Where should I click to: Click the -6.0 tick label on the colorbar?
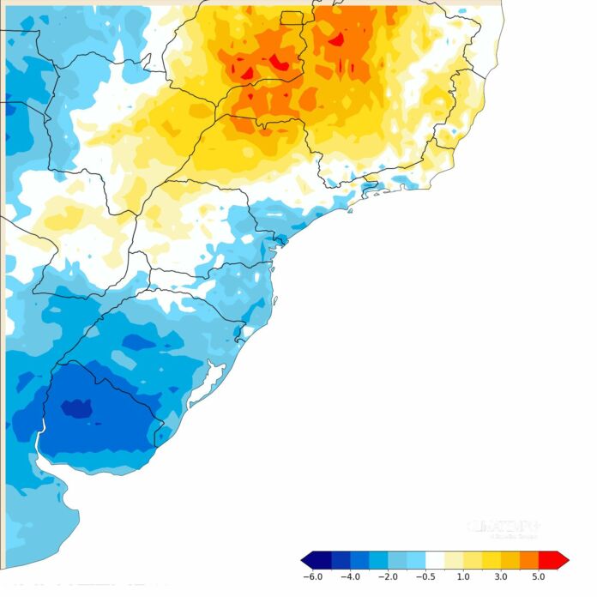[312, 577]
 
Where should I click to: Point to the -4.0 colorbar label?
[350, 577]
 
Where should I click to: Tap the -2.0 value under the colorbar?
[388, 577]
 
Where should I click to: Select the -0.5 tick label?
[425, 577]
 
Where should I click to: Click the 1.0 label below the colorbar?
[463, 577]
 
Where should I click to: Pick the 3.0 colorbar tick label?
[501, 577]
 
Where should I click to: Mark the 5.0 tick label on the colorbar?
[538, 577]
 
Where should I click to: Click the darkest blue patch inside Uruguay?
[75, 408]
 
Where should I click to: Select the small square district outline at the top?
[292, 17]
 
